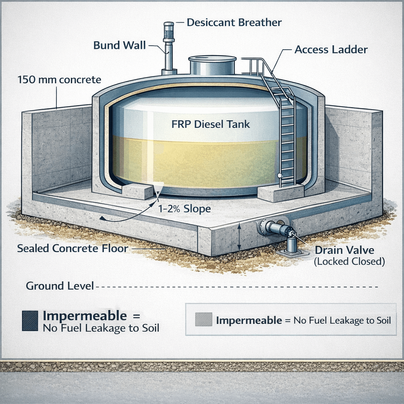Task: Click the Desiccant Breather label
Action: (x=234, y=22)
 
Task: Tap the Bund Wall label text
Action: (x=120, y=45)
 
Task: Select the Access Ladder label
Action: (x=331, y=50)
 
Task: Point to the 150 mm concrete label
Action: (x=59, y=80)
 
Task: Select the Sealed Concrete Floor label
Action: (x=72, y=249)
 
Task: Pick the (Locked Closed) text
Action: (x=349, y=261)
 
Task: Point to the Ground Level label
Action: (x=60, y=286)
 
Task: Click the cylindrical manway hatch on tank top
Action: (x=212, y=65)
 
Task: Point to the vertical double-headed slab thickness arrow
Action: (x=239, y=237)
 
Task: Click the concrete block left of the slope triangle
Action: (x=137, y=191)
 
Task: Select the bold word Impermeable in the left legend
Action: (x=85, y=316)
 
